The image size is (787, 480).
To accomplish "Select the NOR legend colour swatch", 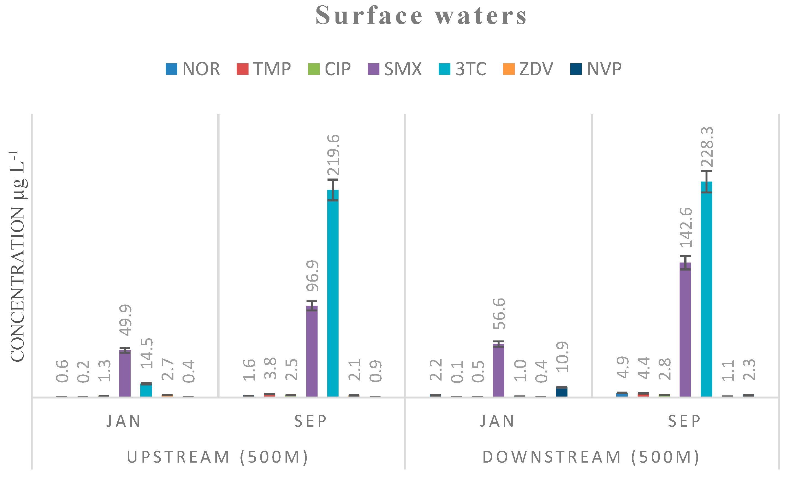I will [171, 69].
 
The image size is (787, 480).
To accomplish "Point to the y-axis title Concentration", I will [18, 256].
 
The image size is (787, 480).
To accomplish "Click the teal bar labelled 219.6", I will [333, 294].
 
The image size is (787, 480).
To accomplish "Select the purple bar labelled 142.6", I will [685, 329].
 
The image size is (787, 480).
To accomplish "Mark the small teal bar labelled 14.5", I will [146, 390].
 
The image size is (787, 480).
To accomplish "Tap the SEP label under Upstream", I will [311, 421].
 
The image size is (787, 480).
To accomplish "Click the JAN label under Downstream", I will [497, 421].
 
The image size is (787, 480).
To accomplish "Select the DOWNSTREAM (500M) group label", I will [591, 457].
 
